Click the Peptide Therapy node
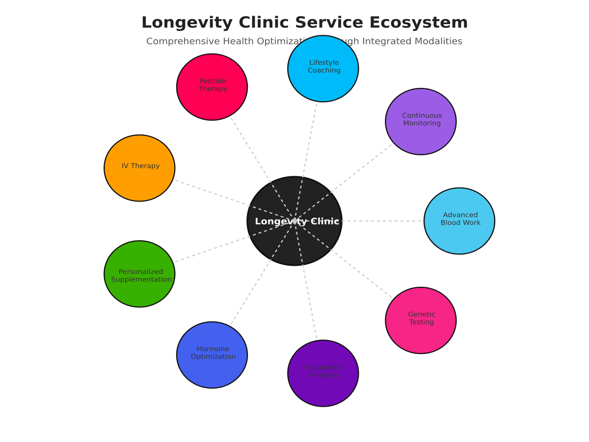pos(212,87)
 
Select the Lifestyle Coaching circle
pos(323,69)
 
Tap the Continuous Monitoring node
pos(421,121)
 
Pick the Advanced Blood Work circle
pos(459,221)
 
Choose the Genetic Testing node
pos(421,320)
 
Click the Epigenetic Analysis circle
pos(323,373)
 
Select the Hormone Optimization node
pos(212,355)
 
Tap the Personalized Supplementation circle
pos(139,274)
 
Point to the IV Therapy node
pos(139,168)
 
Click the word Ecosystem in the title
pos(418,23)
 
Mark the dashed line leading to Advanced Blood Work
pos(383,221)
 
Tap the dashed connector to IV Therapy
pos(211,193)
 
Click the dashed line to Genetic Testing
pos(363,275)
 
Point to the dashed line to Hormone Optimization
pos(250,294)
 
